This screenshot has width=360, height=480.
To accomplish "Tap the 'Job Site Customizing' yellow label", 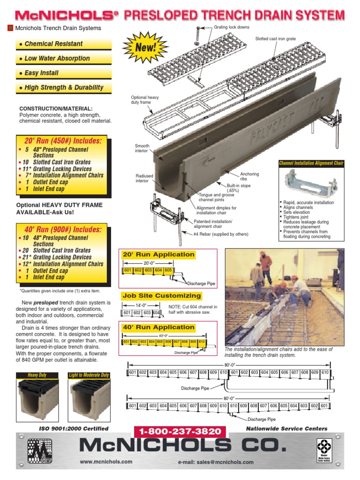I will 162,296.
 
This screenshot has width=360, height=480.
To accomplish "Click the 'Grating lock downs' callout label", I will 230,28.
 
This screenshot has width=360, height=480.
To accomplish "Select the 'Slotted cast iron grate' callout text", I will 275,39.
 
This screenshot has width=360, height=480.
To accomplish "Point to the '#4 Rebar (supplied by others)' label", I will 221,234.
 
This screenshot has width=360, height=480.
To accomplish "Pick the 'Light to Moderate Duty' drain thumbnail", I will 89,400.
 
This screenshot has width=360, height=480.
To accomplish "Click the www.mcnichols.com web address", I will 106,462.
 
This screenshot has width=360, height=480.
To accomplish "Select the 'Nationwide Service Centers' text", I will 287,428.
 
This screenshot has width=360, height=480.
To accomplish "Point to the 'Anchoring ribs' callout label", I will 249,177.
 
